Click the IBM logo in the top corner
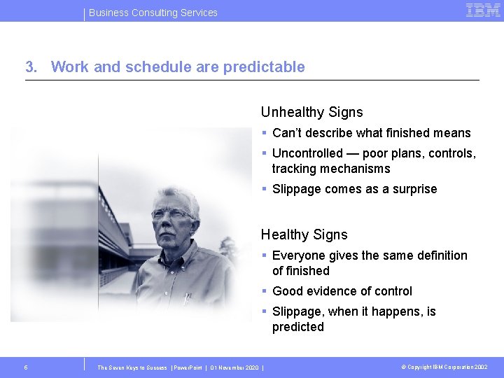482,10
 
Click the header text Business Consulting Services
153,13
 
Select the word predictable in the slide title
264,67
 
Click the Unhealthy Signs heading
311,112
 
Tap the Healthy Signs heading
304,234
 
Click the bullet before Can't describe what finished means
265,133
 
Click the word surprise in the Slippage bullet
413,189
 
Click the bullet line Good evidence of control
342,291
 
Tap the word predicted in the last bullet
298,327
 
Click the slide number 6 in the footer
26,367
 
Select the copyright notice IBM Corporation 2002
444,367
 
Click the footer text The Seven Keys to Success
132,367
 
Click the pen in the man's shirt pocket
187,298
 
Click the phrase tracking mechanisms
331,169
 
